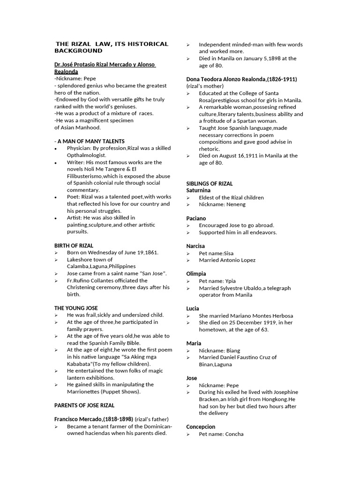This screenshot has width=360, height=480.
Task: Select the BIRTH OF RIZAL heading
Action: pyautogui.click(x=74, y=245)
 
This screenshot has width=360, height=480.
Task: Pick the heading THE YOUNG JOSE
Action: pyautogui.click(x=76, y=308)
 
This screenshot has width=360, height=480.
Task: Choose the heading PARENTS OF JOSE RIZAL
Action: pyautogui.click(x=84, y=405)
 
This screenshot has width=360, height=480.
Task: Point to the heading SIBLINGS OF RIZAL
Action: pyautogui.click(x=210, y=184)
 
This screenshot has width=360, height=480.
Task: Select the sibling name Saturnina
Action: pyautogui.click(x=198, y=190)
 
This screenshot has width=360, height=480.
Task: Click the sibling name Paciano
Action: pyautogui.click(x=196, y=218)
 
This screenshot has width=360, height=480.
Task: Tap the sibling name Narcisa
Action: pyautogui.click(x=196, y=246)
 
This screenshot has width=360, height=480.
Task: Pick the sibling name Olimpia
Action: pyautogui.click(x=196, y=274)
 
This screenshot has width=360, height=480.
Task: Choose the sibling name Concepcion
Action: pyautogui.click(x=201, y=427)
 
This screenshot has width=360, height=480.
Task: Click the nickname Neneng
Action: pyautogui.click(x=236, y=204)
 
